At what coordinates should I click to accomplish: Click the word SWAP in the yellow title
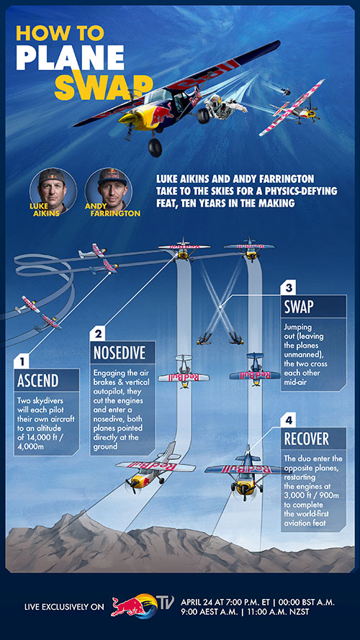pos(104,85)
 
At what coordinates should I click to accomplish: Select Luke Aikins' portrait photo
pos(53,191)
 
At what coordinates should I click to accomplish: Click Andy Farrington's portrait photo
pos(109,191)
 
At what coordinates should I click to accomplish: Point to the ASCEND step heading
pos(38,381)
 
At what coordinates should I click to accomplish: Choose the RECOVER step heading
pos(307,438)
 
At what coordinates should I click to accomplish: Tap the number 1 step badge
pos(21,361)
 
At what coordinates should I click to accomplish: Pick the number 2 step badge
pos(98,334)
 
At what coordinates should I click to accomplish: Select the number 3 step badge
pos(288,288)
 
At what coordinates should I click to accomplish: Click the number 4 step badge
pos(288,420)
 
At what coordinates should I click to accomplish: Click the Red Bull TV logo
pos(142,605)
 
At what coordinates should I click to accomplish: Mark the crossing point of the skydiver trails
pos(220,305)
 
